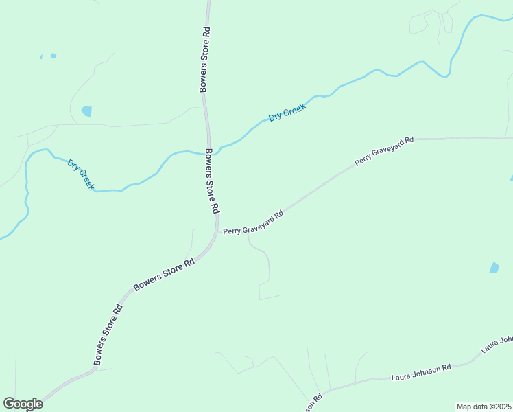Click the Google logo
[x=23, y=404]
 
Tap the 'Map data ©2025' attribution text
[x=484, y=407]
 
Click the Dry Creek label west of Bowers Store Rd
[x=81, y=174]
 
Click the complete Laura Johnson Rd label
[x=421, y=373]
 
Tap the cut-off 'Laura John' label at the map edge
[x=497, y=344]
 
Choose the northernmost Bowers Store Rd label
[x=204, y=60]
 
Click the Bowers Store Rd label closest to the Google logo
[x=108, y=334]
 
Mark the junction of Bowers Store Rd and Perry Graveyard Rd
[x=218, y=231]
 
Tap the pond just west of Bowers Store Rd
[x=86, y=111]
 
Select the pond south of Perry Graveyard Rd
[x=494, y=268]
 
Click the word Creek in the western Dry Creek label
[x=86, y=180]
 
